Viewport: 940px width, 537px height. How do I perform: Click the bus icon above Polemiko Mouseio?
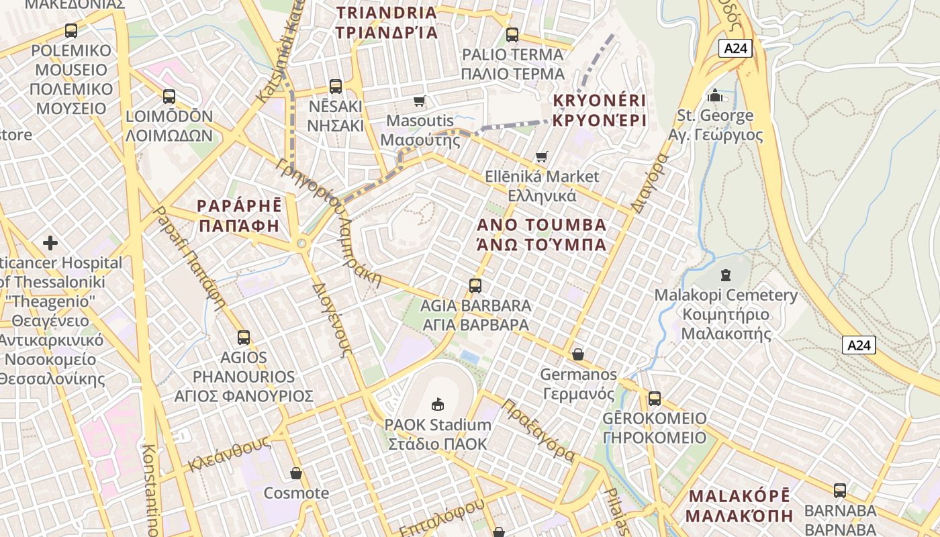click(70, 30)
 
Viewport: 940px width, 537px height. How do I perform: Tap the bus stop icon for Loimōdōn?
click(169, 97)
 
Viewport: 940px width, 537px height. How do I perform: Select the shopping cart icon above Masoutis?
click(420, 101)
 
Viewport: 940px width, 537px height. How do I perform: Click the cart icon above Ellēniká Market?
click(541, 157)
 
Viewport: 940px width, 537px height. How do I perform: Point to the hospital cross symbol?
click(50, 242)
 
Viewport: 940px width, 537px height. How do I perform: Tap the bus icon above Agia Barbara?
click(475, 286)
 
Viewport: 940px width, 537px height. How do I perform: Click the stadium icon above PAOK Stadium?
click(438, 404)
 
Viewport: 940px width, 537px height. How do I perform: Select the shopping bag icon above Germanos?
click(577, 354)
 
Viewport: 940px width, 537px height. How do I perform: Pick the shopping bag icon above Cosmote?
click(295, 473)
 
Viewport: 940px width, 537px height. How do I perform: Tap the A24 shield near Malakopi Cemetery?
click(859, 345)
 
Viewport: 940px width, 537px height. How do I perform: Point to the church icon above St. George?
click(715, 95)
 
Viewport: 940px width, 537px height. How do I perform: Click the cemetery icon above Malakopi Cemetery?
click(725, 275)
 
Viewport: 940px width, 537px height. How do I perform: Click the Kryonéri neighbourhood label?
click(599, 111)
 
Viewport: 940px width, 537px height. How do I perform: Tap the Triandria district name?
click(387, 22)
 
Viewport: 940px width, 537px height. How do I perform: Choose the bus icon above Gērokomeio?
click(655, 399)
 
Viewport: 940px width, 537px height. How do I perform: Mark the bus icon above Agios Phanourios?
click(243, 338)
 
